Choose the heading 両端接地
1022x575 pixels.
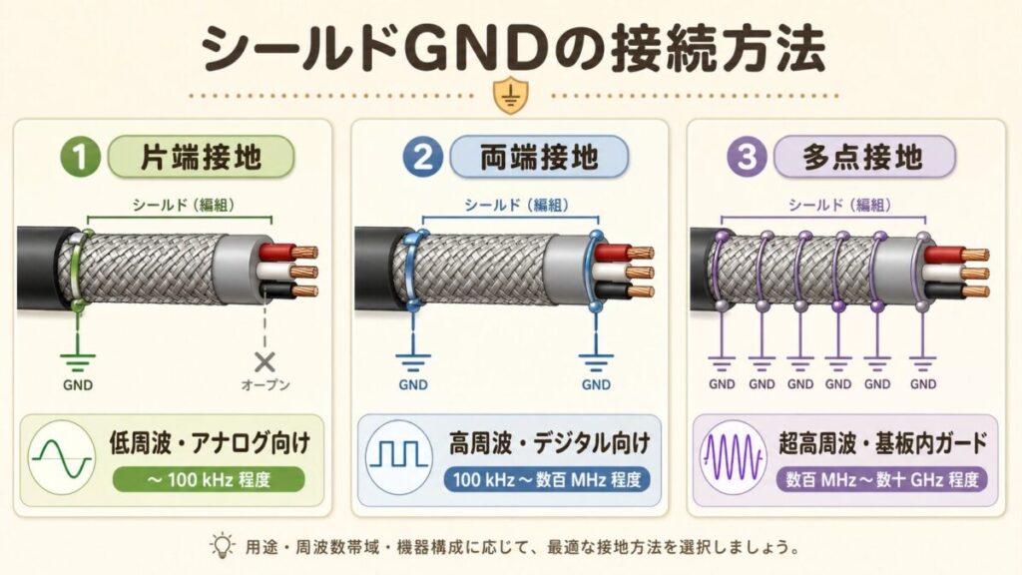click(x=538, y=159)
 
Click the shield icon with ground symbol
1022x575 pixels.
click(x=510, y=97)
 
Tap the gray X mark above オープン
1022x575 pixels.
click(x=265, y=361)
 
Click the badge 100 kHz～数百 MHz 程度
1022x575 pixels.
click(x=545, y=480)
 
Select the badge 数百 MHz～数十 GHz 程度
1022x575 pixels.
click(x=881, y=480)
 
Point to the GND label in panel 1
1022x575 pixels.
click(x=74, y=382)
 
